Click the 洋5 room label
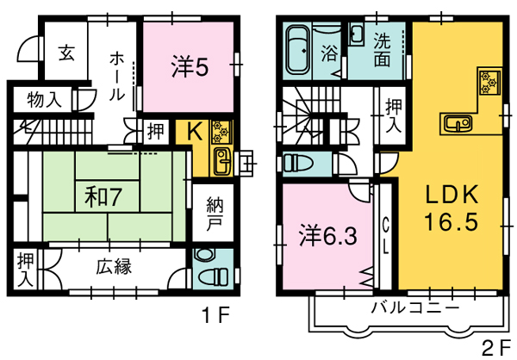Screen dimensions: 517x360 click(x=190, y=67)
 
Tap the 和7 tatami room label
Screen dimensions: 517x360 click(x=103, y=197)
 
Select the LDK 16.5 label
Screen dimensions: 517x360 click(x=452, y=208)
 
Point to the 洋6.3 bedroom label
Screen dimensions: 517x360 click(x=327, y=235)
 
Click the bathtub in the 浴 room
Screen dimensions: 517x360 click(x=298, y=50)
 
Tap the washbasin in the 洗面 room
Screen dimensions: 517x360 click(x=357, y=34)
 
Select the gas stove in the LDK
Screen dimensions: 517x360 click(x=489, y=82)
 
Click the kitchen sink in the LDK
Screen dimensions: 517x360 click(x=458, y=123)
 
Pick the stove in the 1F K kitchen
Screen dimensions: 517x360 click(x=221, y=132)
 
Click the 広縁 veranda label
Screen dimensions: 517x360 click(x=114, y=267)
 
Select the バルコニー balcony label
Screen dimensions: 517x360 click(x=414, y=308)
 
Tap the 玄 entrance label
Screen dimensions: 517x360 click(x=66, y=53)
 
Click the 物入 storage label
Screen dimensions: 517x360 click(x=44, y=99)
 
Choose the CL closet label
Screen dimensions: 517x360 click(x=385, y=236)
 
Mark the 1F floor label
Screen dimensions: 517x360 click(x=215, y=315)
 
